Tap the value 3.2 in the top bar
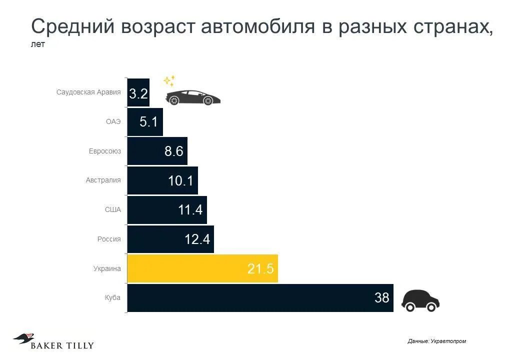[138, 93]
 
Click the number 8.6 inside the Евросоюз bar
[174, 151]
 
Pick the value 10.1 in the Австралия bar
[180, 180]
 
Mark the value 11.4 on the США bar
[190, 210]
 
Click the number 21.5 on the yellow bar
[260, 269]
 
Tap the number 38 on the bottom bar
[381, 298]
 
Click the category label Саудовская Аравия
[88, 92]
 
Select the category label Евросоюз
[105, 151]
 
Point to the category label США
[113, 210]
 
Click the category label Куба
[112, 297]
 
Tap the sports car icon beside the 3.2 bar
[193, 97]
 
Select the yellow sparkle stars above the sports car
[169, 80]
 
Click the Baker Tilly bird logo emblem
[23, 338]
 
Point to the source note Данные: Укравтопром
[436, 341]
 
